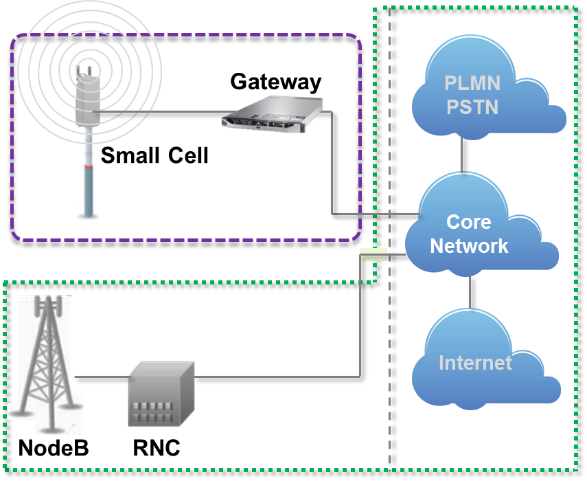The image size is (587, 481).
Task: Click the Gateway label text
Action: (x=275, y=82)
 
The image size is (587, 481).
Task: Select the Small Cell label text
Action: (x=154, y=156)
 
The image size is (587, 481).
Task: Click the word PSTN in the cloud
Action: (x=472, y=107)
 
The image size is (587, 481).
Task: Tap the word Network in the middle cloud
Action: (x=469, y=246)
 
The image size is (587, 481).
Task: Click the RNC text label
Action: (x=157, y=448)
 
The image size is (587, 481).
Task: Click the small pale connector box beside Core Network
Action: (x=374, y=254)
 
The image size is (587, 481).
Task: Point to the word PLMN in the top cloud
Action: (x=472, y=84)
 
